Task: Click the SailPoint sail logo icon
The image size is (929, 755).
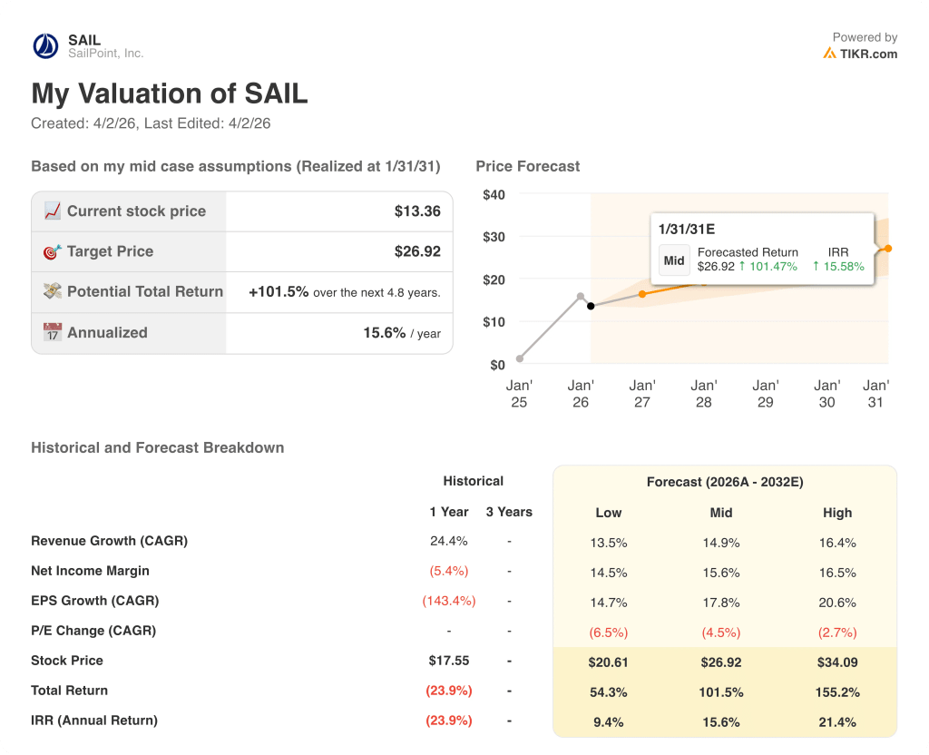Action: pyautogui.click(x=44, y=46)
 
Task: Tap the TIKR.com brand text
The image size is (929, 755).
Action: pyautogui.click(x=868, y=54)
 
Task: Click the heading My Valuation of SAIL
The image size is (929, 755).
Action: pyautogui.click(x=170, y=94)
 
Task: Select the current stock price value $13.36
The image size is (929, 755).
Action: pyautogui.click(x=417, y=211)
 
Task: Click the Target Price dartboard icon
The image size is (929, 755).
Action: pyautogui.click(x=52, y=251)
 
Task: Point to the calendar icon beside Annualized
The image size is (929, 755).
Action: pyautogui.click(x=52, y=332)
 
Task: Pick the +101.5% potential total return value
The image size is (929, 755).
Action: pyautogui.click(x=279, y=292)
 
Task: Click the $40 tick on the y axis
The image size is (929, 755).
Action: pyautogui.click(x=494, y=194)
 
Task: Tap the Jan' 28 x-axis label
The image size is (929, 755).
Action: pyautogui.click(x=703, y=394)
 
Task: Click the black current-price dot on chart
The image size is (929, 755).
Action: pyautogui.click(x=591, y=306)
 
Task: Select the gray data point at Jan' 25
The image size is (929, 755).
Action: pyautogui.click(x=519, y=358)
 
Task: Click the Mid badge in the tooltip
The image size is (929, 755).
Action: pyautogui.click(x=674, y=260)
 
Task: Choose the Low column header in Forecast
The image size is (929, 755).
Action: pyautogui.click(x=609, y=513)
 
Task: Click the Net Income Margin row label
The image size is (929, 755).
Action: pyautogui.click(x=90, y=571)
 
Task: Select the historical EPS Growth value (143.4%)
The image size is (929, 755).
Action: pyautogui.click(x=448, y=601)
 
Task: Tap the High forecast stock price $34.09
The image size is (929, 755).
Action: pyautogui.click(x=837, y=662)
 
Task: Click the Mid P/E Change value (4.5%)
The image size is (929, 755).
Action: pyautogui.click(x=721, y=632)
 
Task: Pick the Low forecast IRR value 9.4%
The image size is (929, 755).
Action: pyautogui.click(x=609, y=722)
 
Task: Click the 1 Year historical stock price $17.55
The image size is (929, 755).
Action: pyautogui.click(x=448, y=661)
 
